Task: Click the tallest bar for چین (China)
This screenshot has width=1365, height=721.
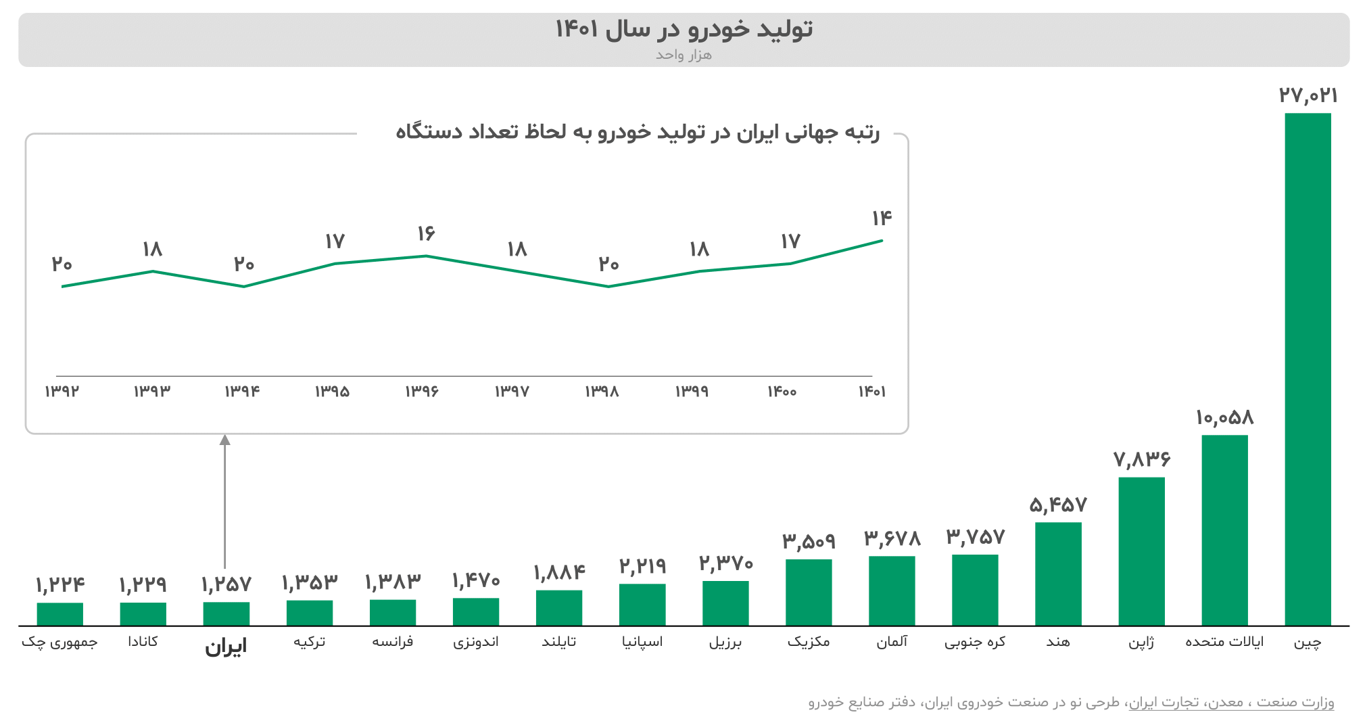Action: (x=1307, y=369)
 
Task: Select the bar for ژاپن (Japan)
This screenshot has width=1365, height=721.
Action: (x=1141, y=551)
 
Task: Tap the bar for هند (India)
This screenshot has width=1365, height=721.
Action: (x=1058, y=573)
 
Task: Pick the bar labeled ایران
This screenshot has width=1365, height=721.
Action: (x=226, y=613)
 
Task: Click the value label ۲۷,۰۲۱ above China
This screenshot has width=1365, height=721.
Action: (x=1308, y=95)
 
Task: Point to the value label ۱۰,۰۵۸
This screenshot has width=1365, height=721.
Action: (x=1224, y=417)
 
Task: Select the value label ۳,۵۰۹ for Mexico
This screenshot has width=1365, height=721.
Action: (x=809, y=541)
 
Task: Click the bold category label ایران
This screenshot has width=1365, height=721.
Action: (x=226, y=647)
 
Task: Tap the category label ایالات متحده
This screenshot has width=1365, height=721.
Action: (x=1224, y=641)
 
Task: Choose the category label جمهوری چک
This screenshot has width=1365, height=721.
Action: (x=59, y=642)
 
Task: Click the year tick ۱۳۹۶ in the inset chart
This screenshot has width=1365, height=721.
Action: (x=422, y=391)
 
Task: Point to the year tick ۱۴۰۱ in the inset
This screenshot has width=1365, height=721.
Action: (x=871, y=391)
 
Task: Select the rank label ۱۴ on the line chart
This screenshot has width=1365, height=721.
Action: (x=882, y=218)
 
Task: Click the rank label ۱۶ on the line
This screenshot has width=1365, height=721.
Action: (x=426, y=233)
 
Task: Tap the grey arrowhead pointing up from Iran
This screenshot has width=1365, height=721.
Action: (x=225, y=440)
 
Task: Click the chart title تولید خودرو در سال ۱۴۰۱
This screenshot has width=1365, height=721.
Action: (x=683, y=29)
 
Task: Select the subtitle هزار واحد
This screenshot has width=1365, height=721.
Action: (x=683, y=54)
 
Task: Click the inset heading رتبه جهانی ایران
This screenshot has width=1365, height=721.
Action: (x=637, y=132)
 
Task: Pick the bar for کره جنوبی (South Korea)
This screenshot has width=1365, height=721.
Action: (x=975, y=589)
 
